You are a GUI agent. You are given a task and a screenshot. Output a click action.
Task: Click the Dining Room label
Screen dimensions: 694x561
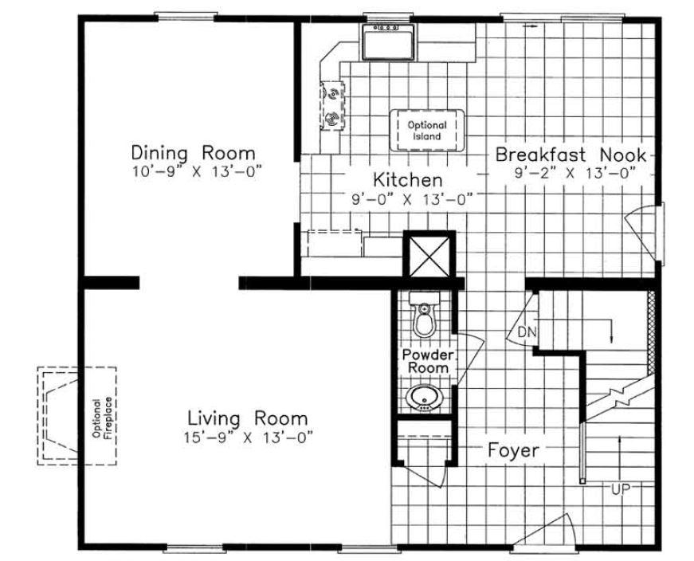tap(194, 153)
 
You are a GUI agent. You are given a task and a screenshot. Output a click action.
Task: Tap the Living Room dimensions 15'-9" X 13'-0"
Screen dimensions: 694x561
tap(248, 438)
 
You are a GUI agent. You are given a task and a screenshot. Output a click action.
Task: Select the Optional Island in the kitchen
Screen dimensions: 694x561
tap(427, 131)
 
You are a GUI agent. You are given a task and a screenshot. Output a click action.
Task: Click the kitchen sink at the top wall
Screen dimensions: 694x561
tap(388, 41)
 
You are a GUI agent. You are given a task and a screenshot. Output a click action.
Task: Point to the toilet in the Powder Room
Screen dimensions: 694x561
tap(425, 315)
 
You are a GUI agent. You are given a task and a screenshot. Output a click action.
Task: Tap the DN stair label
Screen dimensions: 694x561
tap(527, 331)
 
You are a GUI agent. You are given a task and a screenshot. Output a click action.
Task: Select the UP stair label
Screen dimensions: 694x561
tap(621, 489)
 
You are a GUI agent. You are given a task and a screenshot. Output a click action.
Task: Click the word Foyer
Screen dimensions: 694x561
tap(513, 451)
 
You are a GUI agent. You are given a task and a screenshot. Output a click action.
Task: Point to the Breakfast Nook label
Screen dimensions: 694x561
tap(570, 155)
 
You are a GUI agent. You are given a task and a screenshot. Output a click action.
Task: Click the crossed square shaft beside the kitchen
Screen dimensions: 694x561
tap(429, 256)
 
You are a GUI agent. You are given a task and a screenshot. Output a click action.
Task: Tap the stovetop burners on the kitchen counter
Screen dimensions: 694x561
tap(332, 105)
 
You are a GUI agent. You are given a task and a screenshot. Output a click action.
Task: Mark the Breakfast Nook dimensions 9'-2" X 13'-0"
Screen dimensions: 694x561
tap(575, 173)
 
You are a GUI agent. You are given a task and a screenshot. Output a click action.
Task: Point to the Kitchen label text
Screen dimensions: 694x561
tap(408, 180)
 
